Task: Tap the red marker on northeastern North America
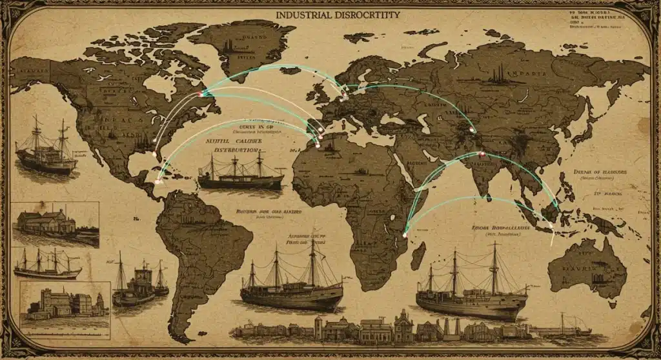[200, 95]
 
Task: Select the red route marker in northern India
[482, 154]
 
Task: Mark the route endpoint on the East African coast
[405, 235]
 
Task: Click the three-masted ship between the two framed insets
[46, 265]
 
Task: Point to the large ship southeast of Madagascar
[471, 288]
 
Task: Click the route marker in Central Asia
[471, 130]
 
